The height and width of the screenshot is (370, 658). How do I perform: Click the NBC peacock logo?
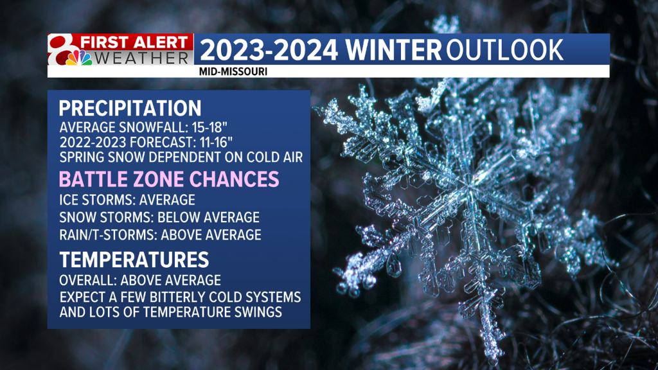tap(78, 58)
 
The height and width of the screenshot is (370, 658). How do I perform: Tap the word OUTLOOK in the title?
tap(504, 50)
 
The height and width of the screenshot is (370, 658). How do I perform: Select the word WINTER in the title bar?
tap(394, 50)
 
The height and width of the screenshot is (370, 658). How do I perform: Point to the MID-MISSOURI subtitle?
tap(233, 72)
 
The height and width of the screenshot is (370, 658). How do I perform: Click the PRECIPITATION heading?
tap(130, 108)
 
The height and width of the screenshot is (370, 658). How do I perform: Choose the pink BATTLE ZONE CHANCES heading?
tap(169, 179)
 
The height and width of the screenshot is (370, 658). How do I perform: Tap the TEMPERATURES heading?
tap(134, 260)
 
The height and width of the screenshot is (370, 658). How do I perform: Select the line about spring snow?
tap(181, 157)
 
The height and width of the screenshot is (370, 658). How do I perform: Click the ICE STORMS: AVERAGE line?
tap(127, 200)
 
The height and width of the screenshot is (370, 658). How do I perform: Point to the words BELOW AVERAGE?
tap(209, 217)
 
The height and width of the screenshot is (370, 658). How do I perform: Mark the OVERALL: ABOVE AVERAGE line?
tap(140, 280)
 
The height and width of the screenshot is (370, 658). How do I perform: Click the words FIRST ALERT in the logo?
tap(134, 42)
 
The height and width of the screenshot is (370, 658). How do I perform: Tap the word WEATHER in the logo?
tap(141, 58)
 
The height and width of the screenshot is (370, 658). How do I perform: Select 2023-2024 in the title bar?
tap(269, 50)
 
